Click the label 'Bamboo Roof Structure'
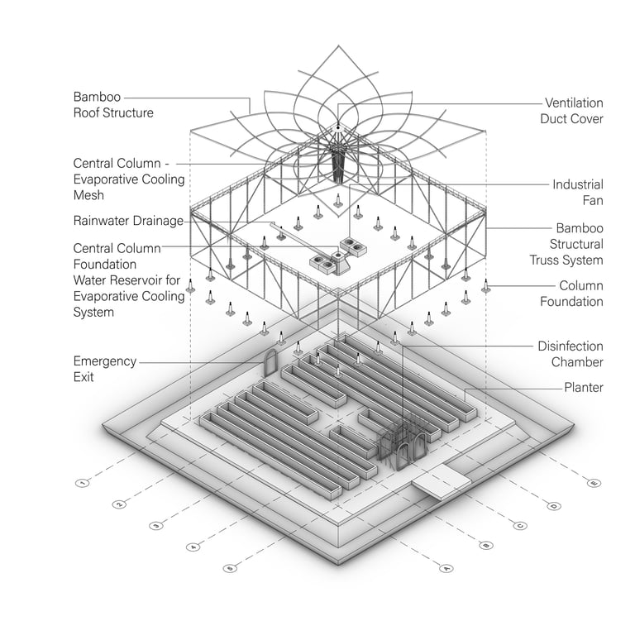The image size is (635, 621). [113, 105]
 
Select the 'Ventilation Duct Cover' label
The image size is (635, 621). [573, 111]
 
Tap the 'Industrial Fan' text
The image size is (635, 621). [578, 192]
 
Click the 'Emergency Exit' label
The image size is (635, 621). [103, 369]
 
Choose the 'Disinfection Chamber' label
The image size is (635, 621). [570, 354]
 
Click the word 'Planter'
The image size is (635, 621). [583, 387]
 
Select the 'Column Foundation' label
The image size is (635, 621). [571, 294]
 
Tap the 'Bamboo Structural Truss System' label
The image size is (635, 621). [566, 244]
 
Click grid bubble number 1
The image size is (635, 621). [82, 482]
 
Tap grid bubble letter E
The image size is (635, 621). [593, 483]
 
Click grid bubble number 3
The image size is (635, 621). [155, 525]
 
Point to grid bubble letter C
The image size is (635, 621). [521, 525]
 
